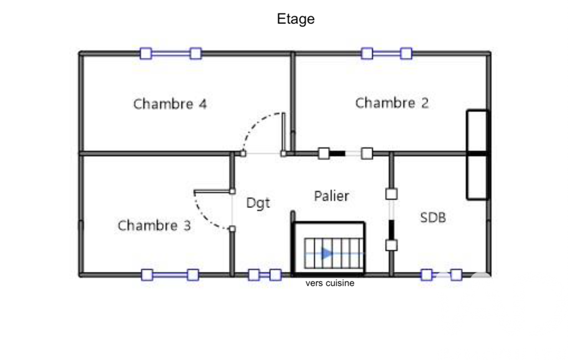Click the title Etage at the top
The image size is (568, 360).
coord(295,19)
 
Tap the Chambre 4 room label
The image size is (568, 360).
coord(170,104)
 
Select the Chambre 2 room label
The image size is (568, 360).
coord(392,103)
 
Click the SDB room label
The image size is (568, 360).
coord(432,218)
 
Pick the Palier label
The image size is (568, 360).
coord(331,196)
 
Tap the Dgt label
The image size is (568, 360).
coord(258,203)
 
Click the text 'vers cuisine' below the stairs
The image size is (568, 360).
coord(330,283)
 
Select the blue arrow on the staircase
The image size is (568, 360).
coord(327,254)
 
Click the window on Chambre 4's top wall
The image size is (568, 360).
coord(170,53)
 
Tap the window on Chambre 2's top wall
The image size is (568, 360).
coord(386,53)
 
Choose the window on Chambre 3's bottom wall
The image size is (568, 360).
coord(170,275)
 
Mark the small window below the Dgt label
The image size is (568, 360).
coord(264,275)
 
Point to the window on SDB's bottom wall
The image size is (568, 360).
coord(441,275)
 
